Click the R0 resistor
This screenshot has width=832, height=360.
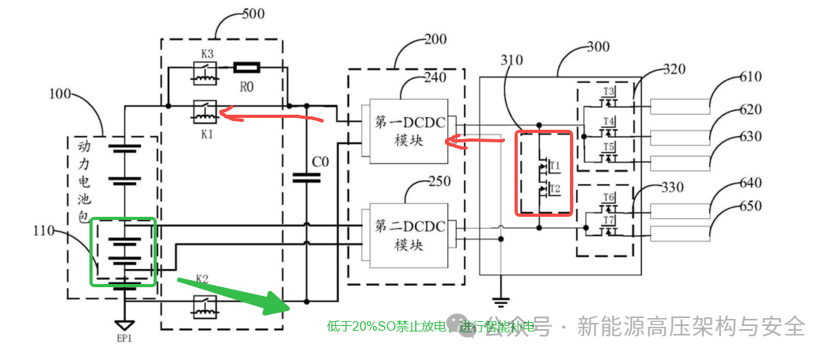(245, 68)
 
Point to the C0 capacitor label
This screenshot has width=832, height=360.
(319, 162)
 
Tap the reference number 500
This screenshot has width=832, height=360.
(253, 13)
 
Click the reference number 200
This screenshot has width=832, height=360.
(435, 39)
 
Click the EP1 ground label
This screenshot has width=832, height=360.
(123, 339)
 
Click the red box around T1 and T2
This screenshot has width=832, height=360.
(544, 173)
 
